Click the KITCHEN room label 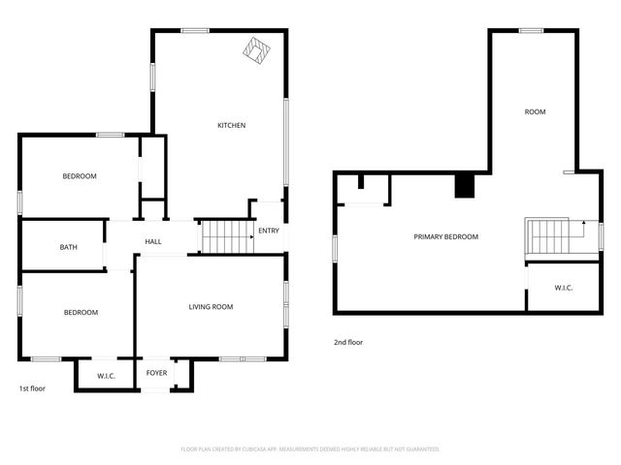click(x=231, y=125)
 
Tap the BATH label click(x=69, y=247)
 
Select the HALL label click(x=153, y=242)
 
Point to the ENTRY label click(x=269, y=231)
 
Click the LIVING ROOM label click(x=211, y=307)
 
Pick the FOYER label click(x=156, y=373)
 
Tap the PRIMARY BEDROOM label click(x=445, y=236)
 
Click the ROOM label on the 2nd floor click(x=535, y=112)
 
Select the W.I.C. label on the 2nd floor click(x=564, y=288)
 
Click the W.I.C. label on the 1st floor click(x=106, y=376)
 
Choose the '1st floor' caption click(x=32, y=388)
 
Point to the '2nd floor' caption click(x=347, y=342)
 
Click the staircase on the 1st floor click(x=225, y=236)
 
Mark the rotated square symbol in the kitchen click(x=257, y=50)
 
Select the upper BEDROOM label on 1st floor click(x=80, y=176)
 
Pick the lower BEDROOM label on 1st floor click(x=81, y=312)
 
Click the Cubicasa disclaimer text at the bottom click(x=310, y=449)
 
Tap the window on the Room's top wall click(x=531, y=31)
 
